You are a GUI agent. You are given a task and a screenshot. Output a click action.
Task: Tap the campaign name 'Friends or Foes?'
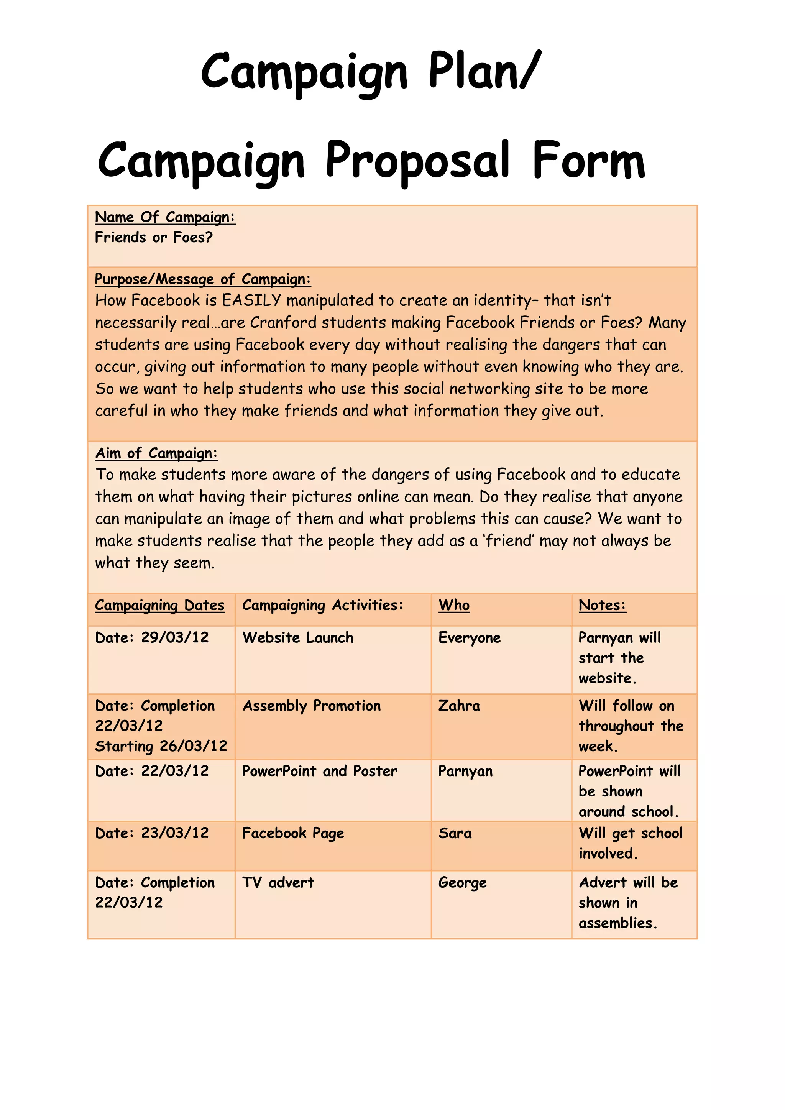tap(154, 237)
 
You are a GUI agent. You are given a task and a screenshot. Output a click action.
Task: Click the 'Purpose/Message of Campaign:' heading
tap(202, 279)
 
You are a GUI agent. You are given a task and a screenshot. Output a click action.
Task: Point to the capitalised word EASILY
tap(251, 300)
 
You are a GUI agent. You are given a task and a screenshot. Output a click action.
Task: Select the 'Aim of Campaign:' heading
tap(156, 453)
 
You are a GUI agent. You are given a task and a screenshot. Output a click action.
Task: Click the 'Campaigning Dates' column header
tap(159, 605)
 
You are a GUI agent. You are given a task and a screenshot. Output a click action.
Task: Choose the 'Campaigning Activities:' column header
tap(322, 605)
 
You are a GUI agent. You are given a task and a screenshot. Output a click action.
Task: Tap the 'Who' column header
tap(454, 605)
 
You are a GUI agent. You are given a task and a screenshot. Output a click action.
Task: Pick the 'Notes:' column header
tap(602, 605)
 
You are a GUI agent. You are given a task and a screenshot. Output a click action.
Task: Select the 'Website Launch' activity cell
tap(298, 638)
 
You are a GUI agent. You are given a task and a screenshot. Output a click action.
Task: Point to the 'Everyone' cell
tap(470, 638)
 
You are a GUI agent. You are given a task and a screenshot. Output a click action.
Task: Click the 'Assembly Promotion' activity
tap(312, 706)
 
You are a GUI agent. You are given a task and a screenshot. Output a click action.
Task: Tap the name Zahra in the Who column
tap(459, 706)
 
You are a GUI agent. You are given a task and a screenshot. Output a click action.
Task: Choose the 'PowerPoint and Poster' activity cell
tap(320, 771)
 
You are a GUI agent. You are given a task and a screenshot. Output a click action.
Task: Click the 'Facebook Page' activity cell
tap(293, 833)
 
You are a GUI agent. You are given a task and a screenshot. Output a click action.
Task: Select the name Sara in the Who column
tap(455, 833)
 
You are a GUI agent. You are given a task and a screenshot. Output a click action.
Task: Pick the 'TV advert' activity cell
tap(278, 882)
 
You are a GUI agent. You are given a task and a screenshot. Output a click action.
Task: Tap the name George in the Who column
tap(462, 883)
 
